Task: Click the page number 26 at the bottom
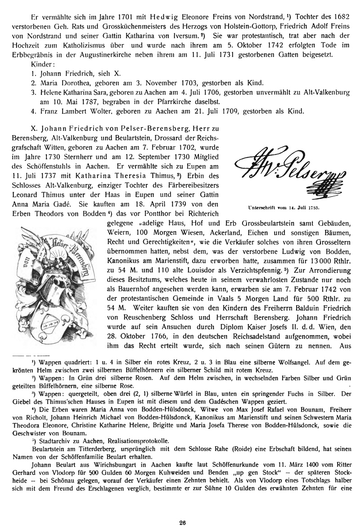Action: [182, 523]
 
